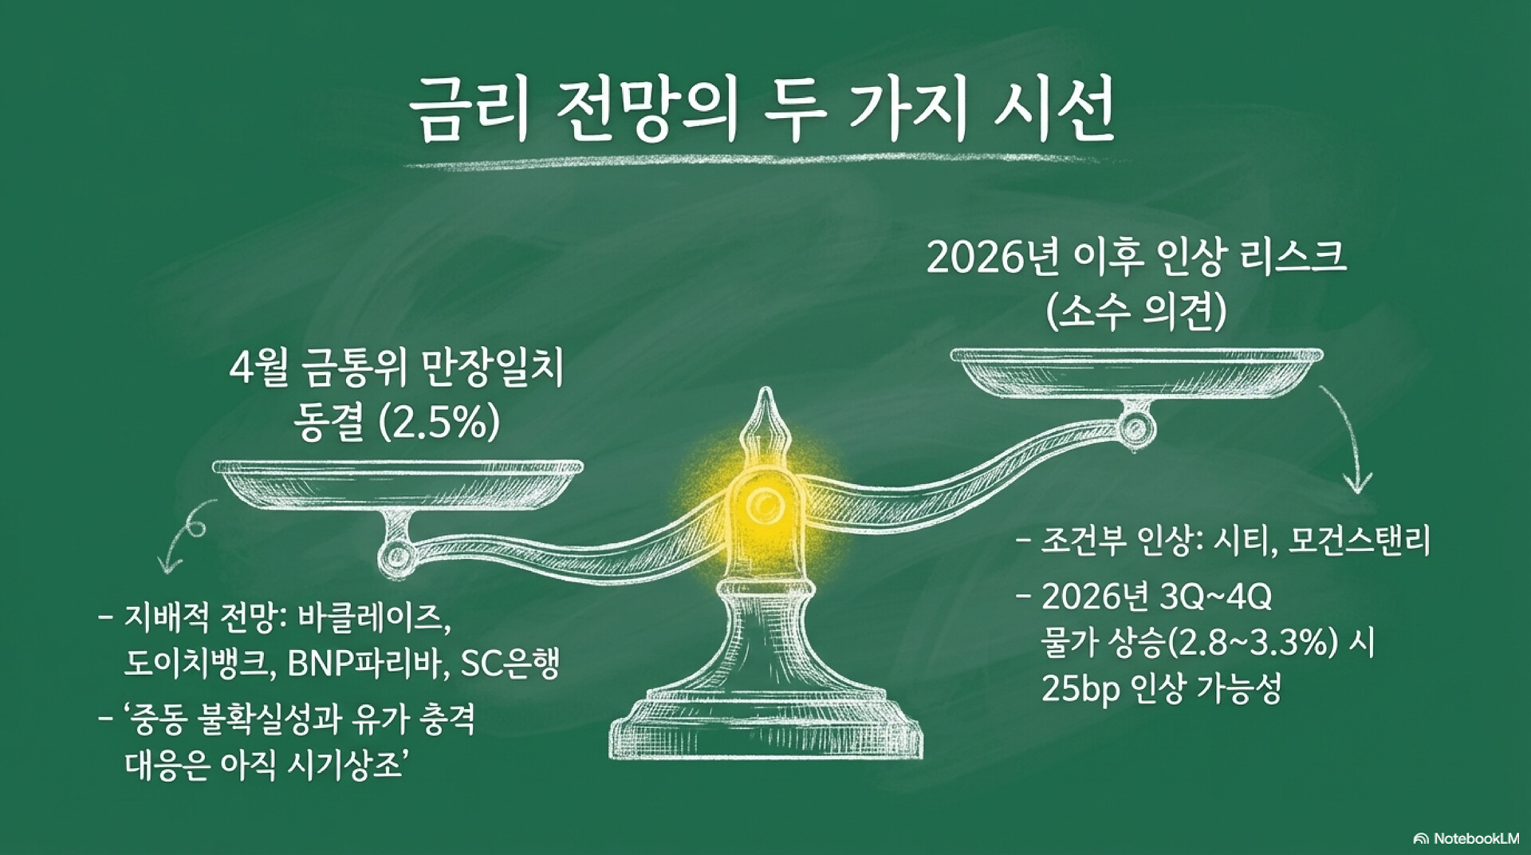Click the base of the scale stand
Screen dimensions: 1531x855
click(x=766, y=730)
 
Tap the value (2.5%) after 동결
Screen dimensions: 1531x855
click(x=439, y=423)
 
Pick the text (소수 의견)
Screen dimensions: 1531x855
click(x=1135, y=312)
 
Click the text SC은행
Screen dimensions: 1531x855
click(x=499, y=664)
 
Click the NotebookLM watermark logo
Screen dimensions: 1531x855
click(x=1421, y=838)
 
